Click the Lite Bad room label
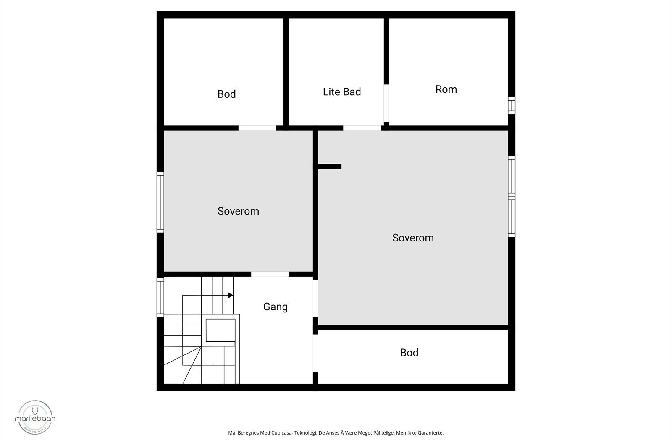[x=342, y=92]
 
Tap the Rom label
[x=446, y=89]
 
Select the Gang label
[x=276, y=307]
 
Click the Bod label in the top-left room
[x=226, y=94]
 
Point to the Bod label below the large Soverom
[x=409, y=353]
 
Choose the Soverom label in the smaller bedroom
[x=238, y=211]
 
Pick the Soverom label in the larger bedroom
[x=413, y=238]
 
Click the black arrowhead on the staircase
[x=230, y=296]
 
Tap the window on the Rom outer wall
[x=511, y=105]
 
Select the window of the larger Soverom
[x=511, y=196]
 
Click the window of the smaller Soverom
[x=160, y=202]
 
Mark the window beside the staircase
[x=160, y=297]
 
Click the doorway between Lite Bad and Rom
[x=386, y=103]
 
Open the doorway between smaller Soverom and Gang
[x=270, y=274]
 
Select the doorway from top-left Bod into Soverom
[x=257, y=128]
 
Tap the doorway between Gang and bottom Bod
[x=315, y=353]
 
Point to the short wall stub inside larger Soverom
[x=330, y=167]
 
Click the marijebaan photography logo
[x=35, y=417]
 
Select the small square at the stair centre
[x=220, y=330]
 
